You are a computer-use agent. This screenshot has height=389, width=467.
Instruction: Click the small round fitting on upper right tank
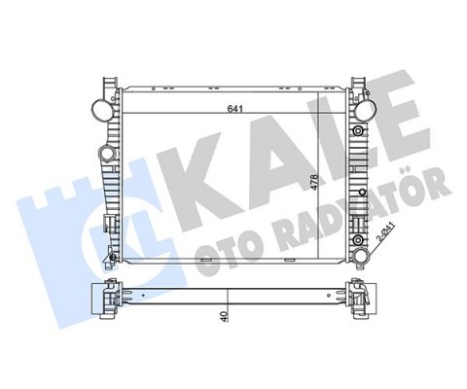(x=361, y=129)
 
